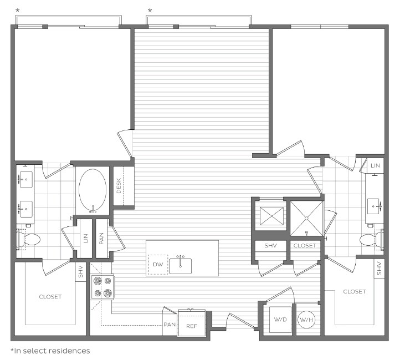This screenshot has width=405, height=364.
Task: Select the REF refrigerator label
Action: tap(191, 326)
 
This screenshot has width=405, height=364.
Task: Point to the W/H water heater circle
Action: tap(306, 320)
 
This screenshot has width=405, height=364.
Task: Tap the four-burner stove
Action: tap(102, 287)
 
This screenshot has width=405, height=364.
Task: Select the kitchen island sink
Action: tap(180, 265)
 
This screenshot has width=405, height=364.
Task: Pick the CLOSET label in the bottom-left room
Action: tap(50, 297)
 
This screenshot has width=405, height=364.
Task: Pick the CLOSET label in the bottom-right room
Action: tap(354, 291)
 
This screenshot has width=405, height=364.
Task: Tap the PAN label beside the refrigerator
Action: tap(169, 325)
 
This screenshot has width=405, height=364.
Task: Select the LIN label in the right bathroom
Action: tap(375, 165)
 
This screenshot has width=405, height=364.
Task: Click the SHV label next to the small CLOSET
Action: tap(270, 245)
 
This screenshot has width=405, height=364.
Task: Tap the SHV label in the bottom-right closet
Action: tap(380, 269)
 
